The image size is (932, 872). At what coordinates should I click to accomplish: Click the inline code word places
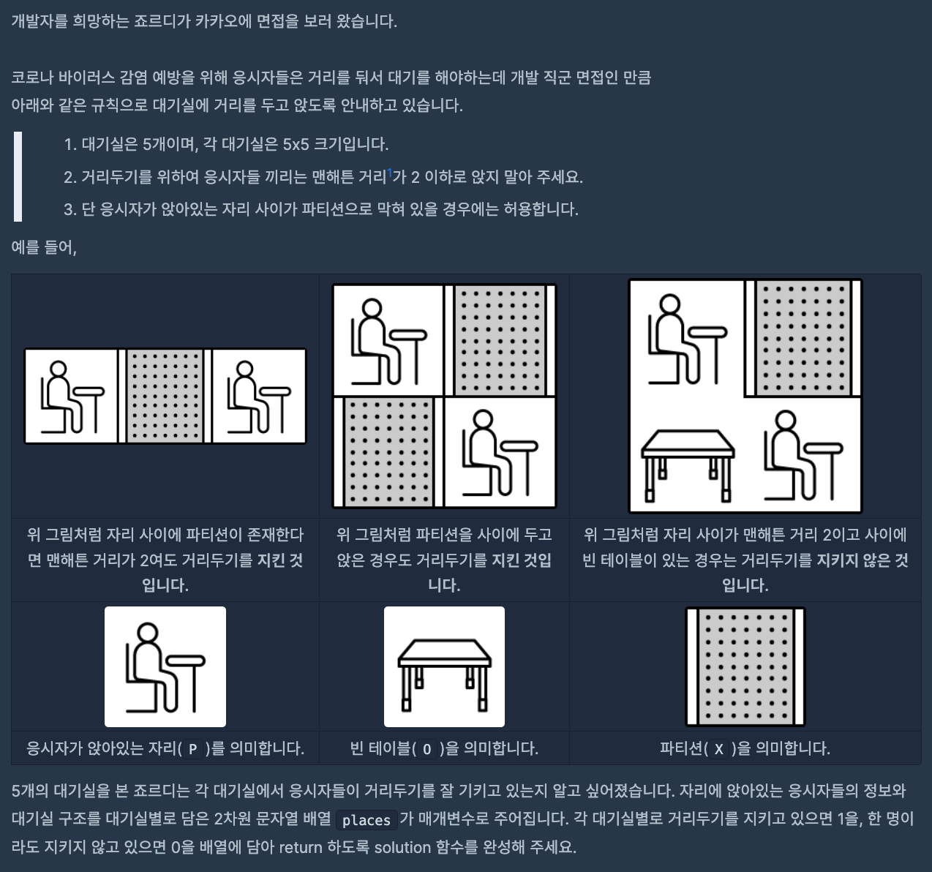tap(367, 820)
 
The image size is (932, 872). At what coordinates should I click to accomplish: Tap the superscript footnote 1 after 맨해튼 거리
tap(389, 173)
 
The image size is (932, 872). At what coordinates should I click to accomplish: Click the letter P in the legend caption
tap(193, 749)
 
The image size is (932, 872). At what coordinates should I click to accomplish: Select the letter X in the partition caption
tap(719, 749)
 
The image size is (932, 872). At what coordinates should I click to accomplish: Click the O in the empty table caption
tap(426, 749)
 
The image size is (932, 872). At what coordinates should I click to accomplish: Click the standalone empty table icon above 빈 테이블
tap(444, 667)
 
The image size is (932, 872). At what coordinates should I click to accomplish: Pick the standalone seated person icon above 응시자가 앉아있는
tap(165, 667)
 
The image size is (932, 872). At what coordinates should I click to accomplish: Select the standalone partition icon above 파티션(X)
tap(745, 667)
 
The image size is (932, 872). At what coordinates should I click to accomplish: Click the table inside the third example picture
tap(688, 465)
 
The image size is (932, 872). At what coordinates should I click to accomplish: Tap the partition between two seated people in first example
tap(165, 396)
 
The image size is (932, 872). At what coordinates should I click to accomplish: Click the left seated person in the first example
tap(72, 396)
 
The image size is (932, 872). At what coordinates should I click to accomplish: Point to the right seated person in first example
tap(259, 396)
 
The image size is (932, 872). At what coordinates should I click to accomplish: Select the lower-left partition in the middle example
tap(388, 452)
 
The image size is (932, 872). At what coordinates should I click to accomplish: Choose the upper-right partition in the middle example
tap(500, 340)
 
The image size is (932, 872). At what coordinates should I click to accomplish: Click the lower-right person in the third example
tap(803, 455)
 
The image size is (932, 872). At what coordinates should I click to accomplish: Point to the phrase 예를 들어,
tap(44, 247)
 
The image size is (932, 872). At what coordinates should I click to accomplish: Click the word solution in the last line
tap(402, 847)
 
